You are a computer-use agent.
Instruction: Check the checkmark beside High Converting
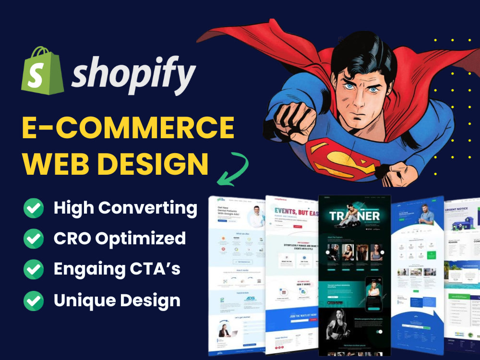pyautogui.click(x=34, y=208)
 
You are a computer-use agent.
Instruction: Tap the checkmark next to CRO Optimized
pyautogui.click(x=34, y=239)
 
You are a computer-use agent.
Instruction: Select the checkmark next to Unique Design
pyautogui.click(x=34, y=300)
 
